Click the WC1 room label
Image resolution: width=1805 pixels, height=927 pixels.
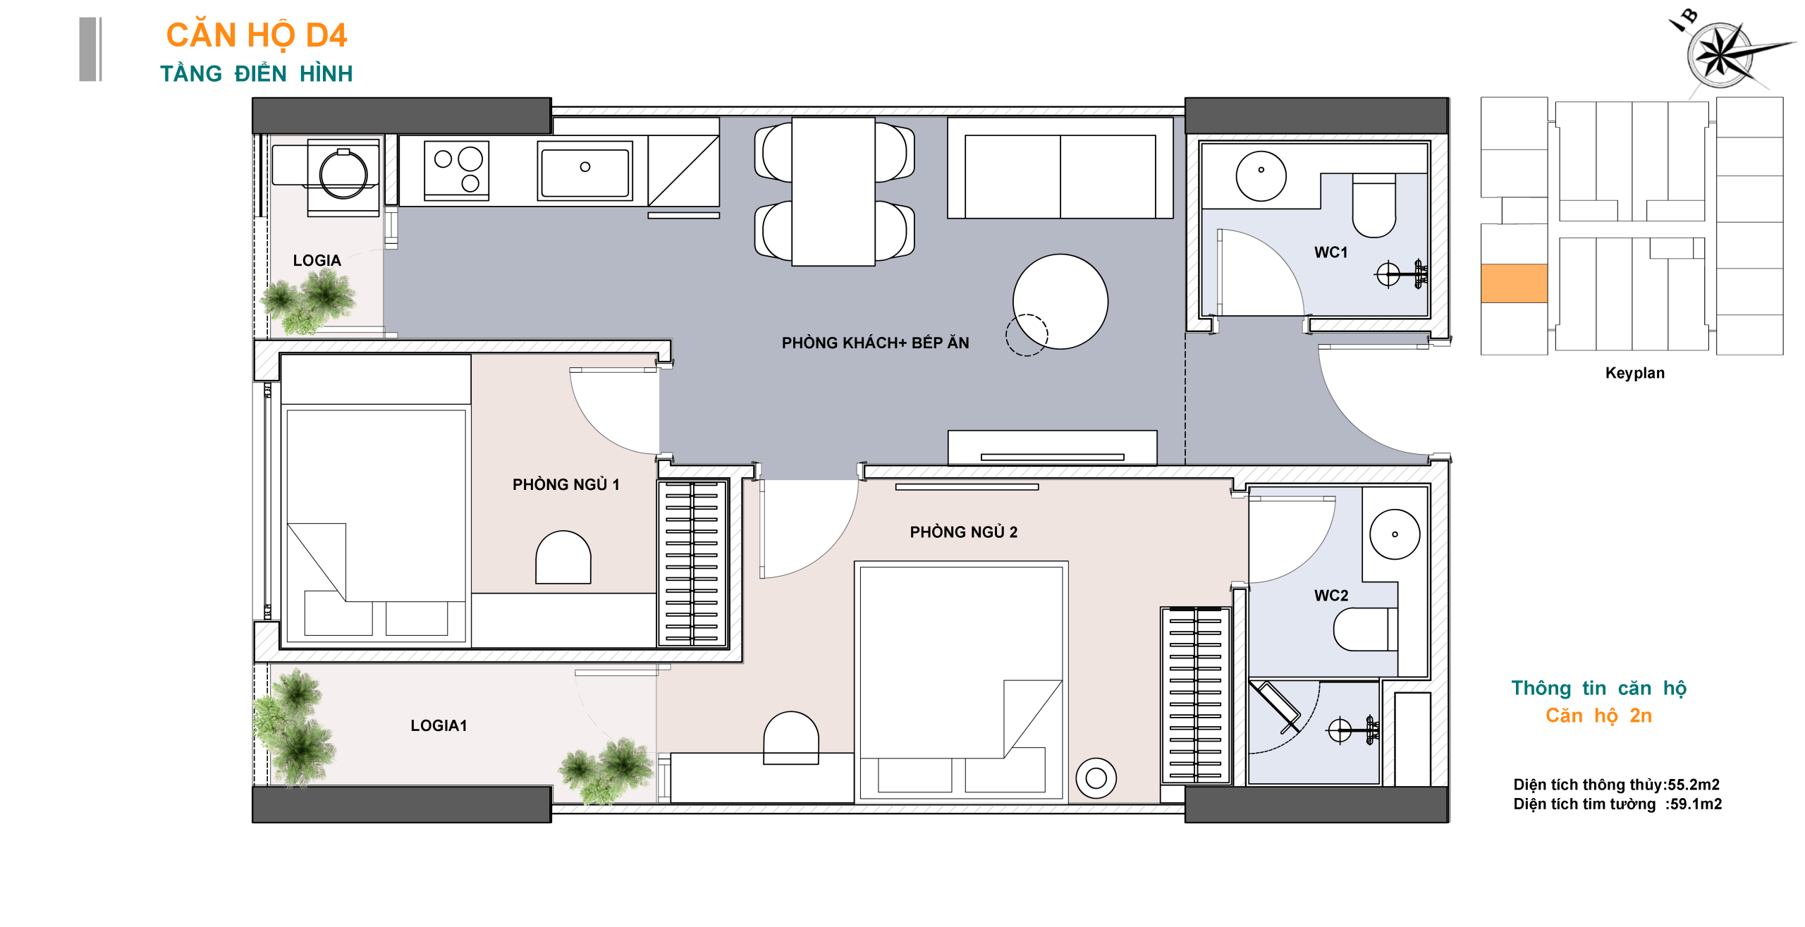click(1330, 252)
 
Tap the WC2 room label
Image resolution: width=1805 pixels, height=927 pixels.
click(1331, 596)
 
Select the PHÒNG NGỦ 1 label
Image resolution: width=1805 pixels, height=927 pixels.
click(565, 484)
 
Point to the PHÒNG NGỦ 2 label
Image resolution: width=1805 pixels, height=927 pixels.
click(963, 532)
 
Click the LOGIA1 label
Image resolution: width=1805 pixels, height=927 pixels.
click(439, 725)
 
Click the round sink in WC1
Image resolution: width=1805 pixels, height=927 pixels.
click(1261, 176)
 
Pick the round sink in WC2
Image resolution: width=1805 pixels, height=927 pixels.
click(1395, 534)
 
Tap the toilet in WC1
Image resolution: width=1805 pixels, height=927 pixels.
click(1373, 206)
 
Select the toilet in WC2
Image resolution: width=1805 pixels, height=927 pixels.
click(1365, 630)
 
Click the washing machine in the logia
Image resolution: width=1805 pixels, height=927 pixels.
click(343, 176)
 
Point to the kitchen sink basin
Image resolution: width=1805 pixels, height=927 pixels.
click(585, 171)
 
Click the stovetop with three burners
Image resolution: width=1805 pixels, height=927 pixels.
click(456, 171)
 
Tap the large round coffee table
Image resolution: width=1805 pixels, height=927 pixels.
click(1060, 302)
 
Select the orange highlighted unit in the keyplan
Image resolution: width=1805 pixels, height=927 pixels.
click(1514, 283)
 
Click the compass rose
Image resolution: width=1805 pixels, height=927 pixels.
click(1720, 54)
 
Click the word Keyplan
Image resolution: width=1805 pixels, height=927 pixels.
click(1634, 373)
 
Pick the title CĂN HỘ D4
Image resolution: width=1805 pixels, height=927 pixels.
click(257, 35)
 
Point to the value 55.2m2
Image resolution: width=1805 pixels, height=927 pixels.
click(1693, 785)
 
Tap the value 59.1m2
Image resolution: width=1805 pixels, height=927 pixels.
click(1696, 804)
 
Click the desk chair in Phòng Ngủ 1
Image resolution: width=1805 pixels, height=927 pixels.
click(563, 557)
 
